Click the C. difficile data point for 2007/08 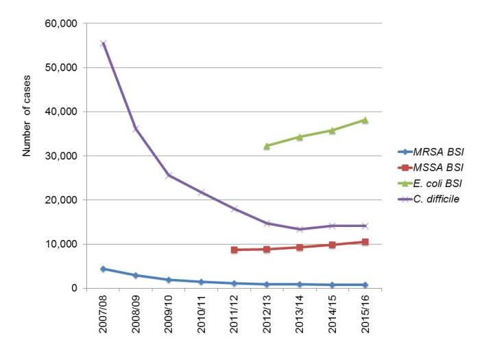point(103,43)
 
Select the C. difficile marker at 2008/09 point(136,128)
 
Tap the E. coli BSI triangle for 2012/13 point(267,145)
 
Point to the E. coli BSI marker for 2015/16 point(365,119)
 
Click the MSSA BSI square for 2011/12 point(234,250)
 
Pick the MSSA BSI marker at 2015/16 point(365,241)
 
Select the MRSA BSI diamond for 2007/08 point(103,269)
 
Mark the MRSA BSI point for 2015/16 point(365,285)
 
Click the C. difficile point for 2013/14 point(300,229)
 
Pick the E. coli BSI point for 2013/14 point(300,136)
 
